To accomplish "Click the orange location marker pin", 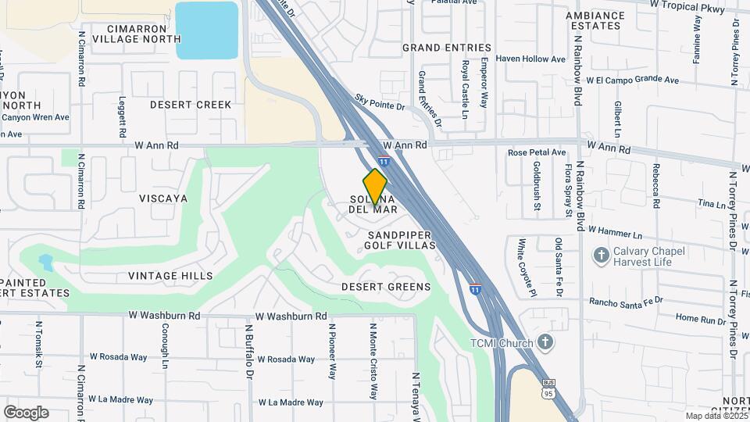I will pyautogui.click(x=375, y=186).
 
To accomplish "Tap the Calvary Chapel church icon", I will pyautogui.click(x=601, y=255).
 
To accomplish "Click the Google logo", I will pyautogui.click(x=26, y=413).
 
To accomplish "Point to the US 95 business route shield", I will pyautogui.click(x=548, y=388).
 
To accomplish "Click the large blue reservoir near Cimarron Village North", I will pyautogui.click(x=206, y=30).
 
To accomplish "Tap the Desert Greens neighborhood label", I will pyautogui.click(x=386, y=287).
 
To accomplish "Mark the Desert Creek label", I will pyautogui.click(x=191, y=105).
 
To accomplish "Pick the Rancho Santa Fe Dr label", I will pyautogui.click(x=626, y=301).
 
